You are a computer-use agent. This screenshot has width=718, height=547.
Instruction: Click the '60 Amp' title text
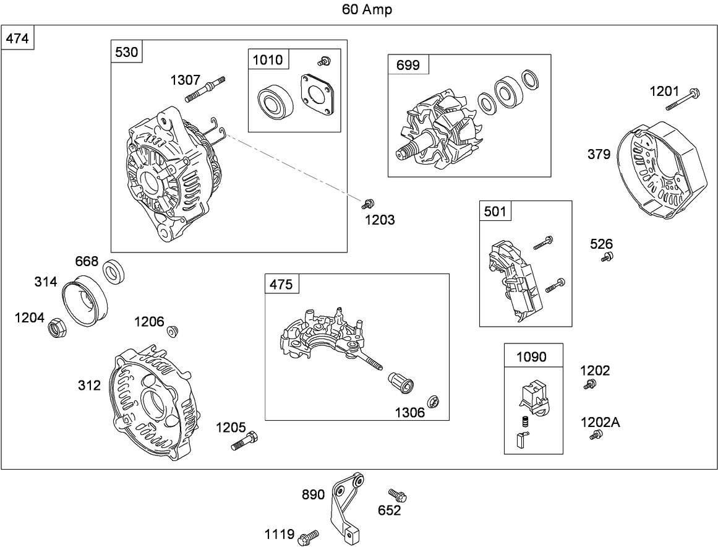point(366,10)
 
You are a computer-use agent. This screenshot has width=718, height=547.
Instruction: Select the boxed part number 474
point(17,38)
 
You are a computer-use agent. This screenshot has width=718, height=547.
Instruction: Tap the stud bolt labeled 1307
point(205,88)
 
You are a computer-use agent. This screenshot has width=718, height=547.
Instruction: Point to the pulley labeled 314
point(85,298)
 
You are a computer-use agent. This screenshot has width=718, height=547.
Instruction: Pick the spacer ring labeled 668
point(114,272)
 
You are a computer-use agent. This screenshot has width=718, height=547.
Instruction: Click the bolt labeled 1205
point(245,441)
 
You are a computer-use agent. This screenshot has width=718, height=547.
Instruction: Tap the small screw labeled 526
point(607,257)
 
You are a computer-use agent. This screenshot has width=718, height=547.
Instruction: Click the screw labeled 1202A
point(594,436)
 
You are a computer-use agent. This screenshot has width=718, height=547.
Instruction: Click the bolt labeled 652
point(397,495)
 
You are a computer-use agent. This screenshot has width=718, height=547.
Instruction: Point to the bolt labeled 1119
point(307,536)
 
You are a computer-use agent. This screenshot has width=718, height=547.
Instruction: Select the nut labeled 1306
point(434,401)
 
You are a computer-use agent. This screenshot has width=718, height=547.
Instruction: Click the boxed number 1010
point(267,60)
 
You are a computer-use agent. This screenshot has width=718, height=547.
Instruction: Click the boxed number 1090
point(532,357)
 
